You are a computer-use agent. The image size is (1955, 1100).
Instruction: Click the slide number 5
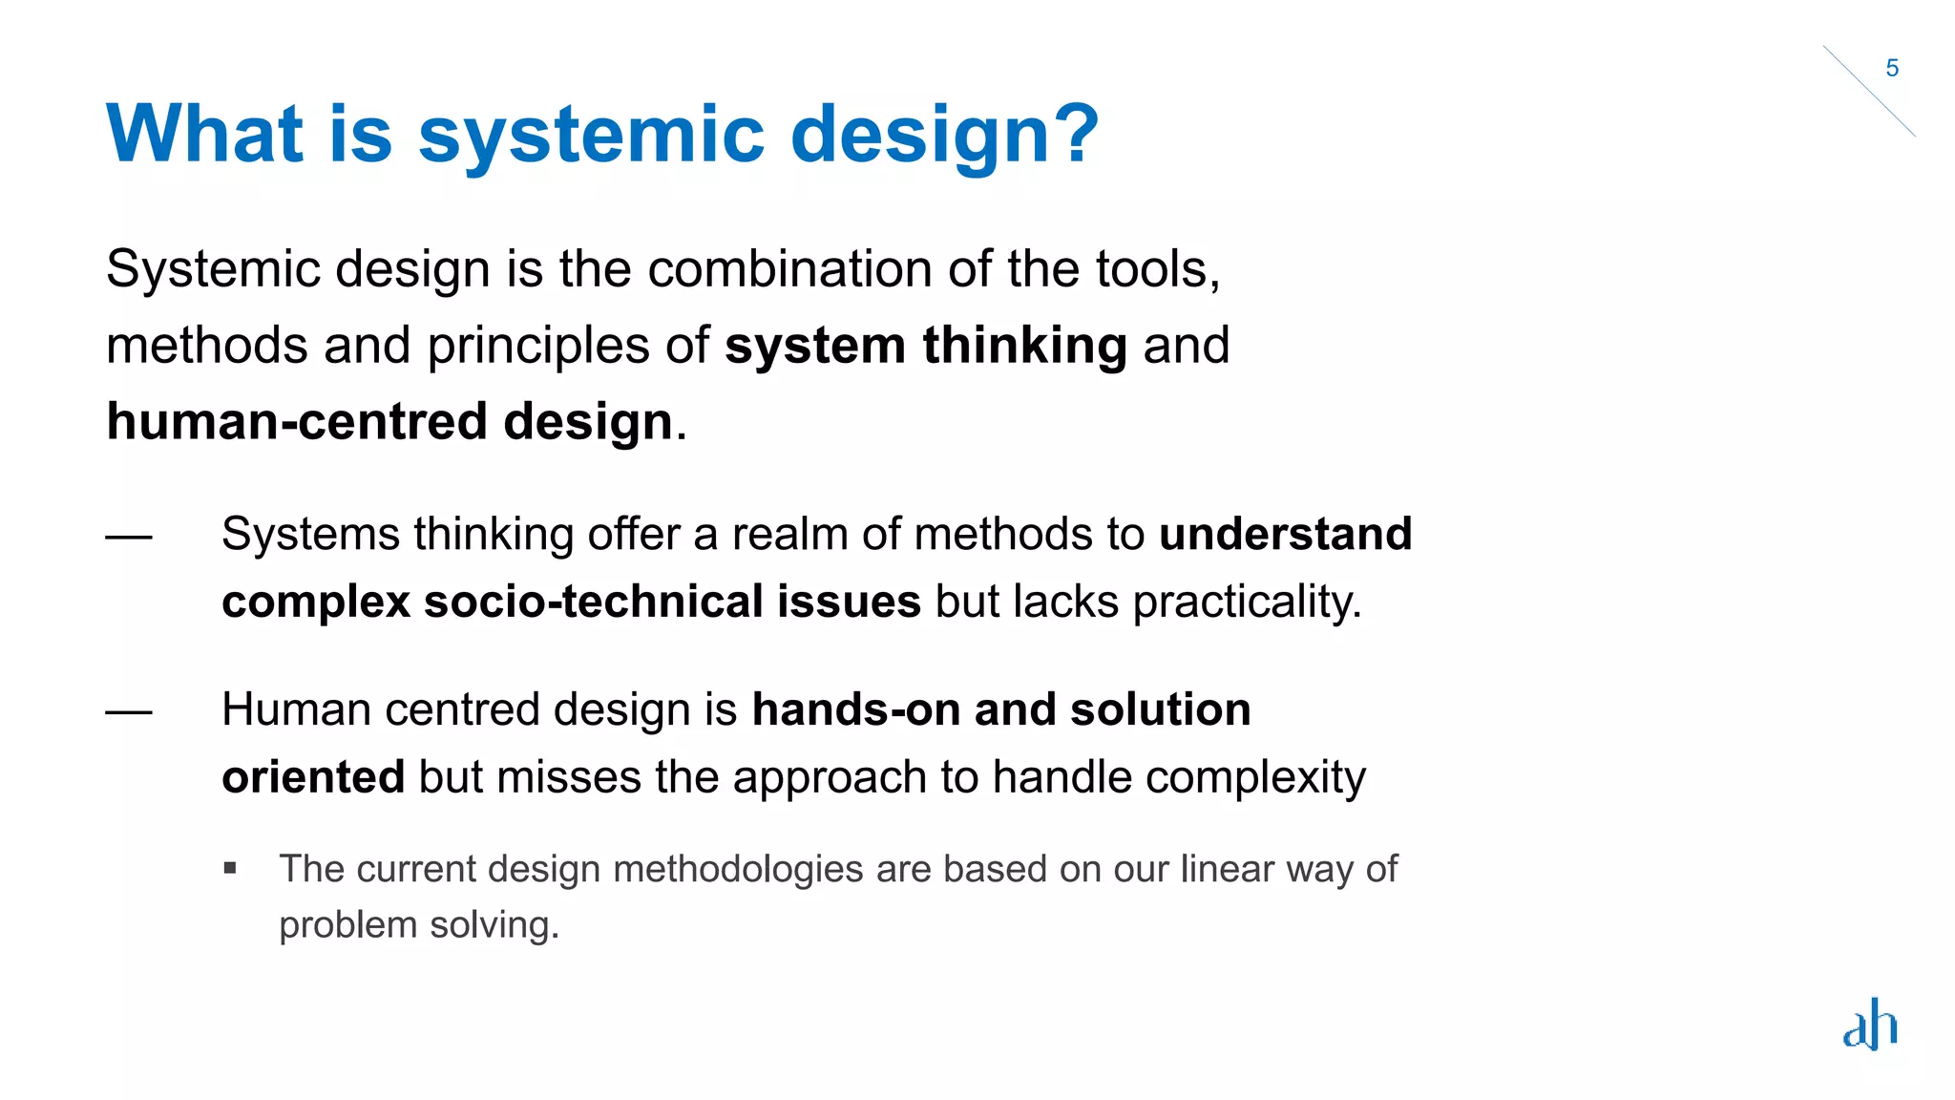coord(1892,69)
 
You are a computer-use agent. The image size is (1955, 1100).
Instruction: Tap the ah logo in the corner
coord(1870,1025)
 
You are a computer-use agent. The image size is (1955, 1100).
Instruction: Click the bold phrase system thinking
coord(925,345)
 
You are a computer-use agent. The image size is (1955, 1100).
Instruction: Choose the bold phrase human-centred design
coord(389,421)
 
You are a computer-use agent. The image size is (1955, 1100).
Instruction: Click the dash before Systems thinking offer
coord(129,537)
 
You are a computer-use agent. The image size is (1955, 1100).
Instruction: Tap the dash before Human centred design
coord(129,712)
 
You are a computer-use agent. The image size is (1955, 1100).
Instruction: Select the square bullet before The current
coord(230,869)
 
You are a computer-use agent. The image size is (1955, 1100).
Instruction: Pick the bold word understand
coord(1285,534)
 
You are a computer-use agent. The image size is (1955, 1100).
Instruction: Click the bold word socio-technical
coord(593,602)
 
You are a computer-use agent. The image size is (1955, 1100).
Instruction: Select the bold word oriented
coord(313,777)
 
